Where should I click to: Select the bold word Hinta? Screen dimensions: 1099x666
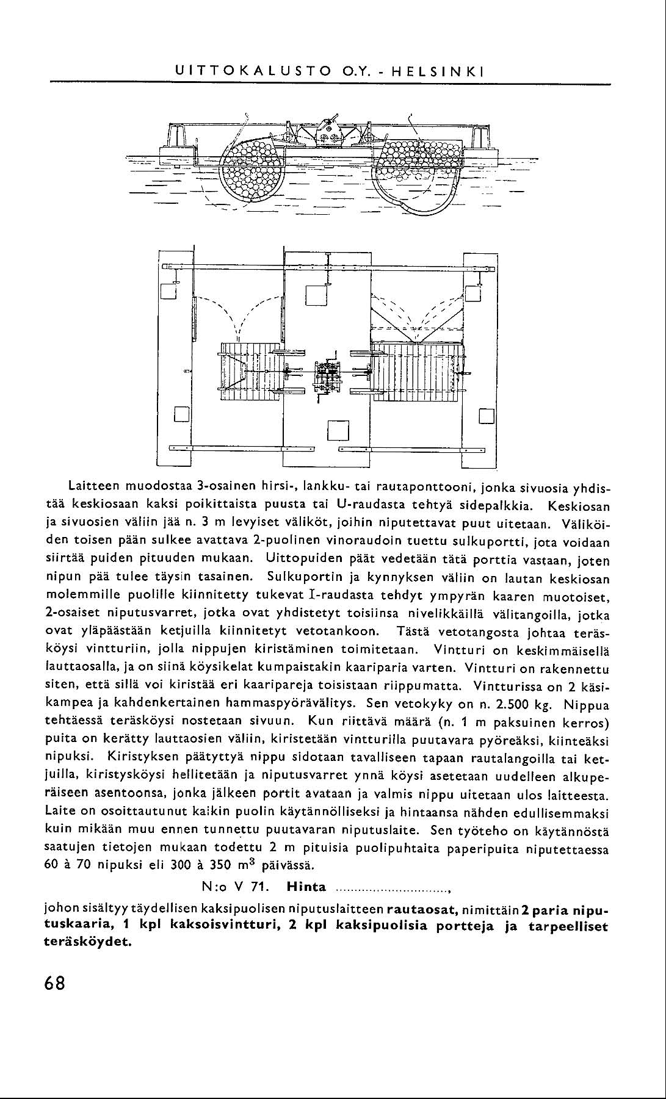[x=306, y=887]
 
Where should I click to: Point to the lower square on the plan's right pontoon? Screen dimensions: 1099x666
[x=486, y=415]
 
